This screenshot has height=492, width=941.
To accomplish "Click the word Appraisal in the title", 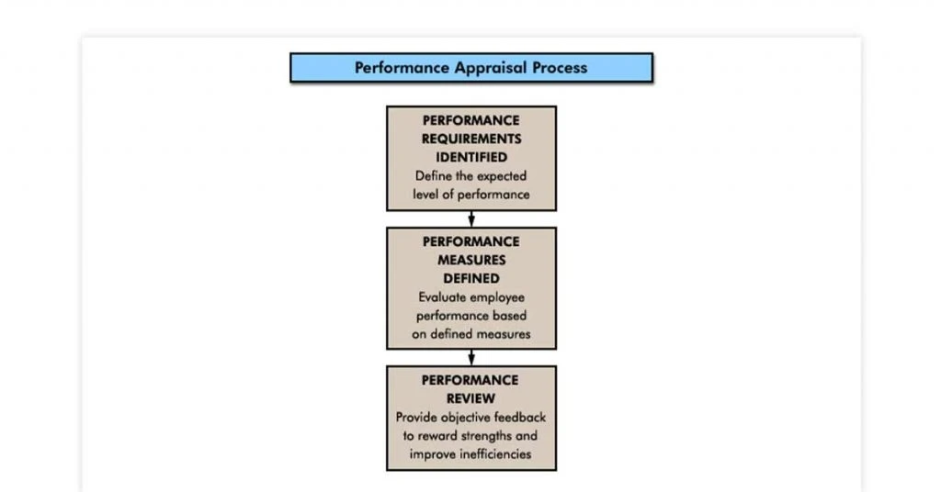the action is click(491, 68).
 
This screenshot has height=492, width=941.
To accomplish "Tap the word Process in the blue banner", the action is click(560, 68).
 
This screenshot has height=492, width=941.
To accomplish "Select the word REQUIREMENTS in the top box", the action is click(471, 139).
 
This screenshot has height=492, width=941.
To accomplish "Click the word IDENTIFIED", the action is click(471, 158).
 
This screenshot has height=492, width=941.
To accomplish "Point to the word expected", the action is click(502, 177).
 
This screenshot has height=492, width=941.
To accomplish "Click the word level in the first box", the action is click(425, 195).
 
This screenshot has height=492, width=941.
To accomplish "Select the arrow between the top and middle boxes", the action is click(471, 219).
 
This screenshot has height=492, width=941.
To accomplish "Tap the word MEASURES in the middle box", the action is click(471, 260).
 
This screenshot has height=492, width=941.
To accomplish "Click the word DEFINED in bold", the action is click(471, 279).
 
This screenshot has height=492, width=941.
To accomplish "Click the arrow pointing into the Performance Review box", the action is click(471, 358).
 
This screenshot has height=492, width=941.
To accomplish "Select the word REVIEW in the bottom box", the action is click(471, 399).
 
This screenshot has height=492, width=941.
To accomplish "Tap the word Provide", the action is click(416, 417).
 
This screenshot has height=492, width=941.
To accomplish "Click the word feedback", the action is click(520, 417).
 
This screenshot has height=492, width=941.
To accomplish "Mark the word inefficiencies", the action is click(494, 454).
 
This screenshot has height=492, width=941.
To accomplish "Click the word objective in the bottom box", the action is click(465, 418).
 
